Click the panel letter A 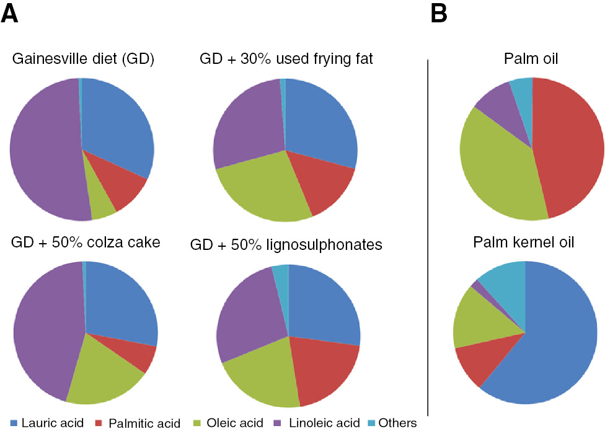coord(13,13)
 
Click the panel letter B coord(439,13)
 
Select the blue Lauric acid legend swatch coord(14,423)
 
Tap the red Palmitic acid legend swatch coord(100,423)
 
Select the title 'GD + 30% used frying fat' coord(286,60)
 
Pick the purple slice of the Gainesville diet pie coord(43,149)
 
